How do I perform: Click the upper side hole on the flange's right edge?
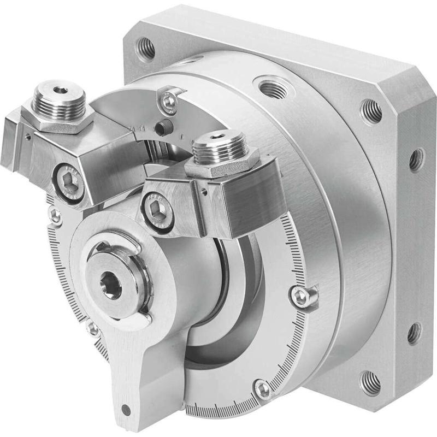(x=416, y=159)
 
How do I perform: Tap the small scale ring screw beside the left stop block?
(x=56, y=215)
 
